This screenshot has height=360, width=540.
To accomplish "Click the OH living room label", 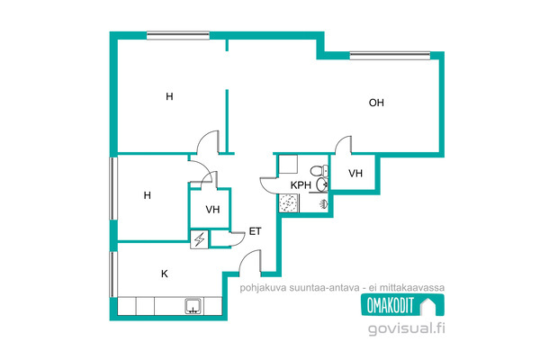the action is click(x=376, y=103).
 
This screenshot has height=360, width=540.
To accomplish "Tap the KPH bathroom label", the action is click(x=301, y=185).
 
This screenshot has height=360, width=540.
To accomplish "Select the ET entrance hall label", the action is click(x=255, y=231).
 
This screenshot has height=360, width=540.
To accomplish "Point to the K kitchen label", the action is click(x=165, y=274).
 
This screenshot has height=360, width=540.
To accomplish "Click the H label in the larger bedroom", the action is click(x=169, y=96).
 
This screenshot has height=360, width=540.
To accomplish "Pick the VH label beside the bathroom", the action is click(x=355, y=174).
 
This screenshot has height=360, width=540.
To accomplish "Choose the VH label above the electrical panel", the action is click(x=212, y=210).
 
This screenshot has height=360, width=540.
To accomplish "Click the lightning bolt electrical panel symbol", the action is click(x=199, y=239).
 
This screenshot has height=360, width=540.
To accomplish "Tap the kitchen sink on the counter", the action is click(x=193, y=306).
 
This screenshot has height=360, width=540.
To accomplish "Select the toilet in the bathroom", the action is click(x=319, y=170).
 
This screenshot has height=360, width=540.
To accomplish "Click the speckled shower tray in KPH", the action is click(x=289, y=202).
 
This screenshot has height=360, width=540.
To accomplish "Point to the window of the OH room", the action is click(x=390, y=55).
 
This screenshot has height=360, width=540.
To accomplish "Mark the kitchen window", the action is click(x=113, y=274).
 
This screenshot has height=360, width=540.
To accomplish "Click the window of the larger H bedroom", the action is click(x=178, y=35).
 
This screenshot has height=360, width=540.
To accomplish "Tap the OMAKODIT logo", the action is click(x=402, y=305).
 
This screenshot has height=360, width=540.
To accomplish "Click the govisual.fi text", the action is click(x=407, y=328).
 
